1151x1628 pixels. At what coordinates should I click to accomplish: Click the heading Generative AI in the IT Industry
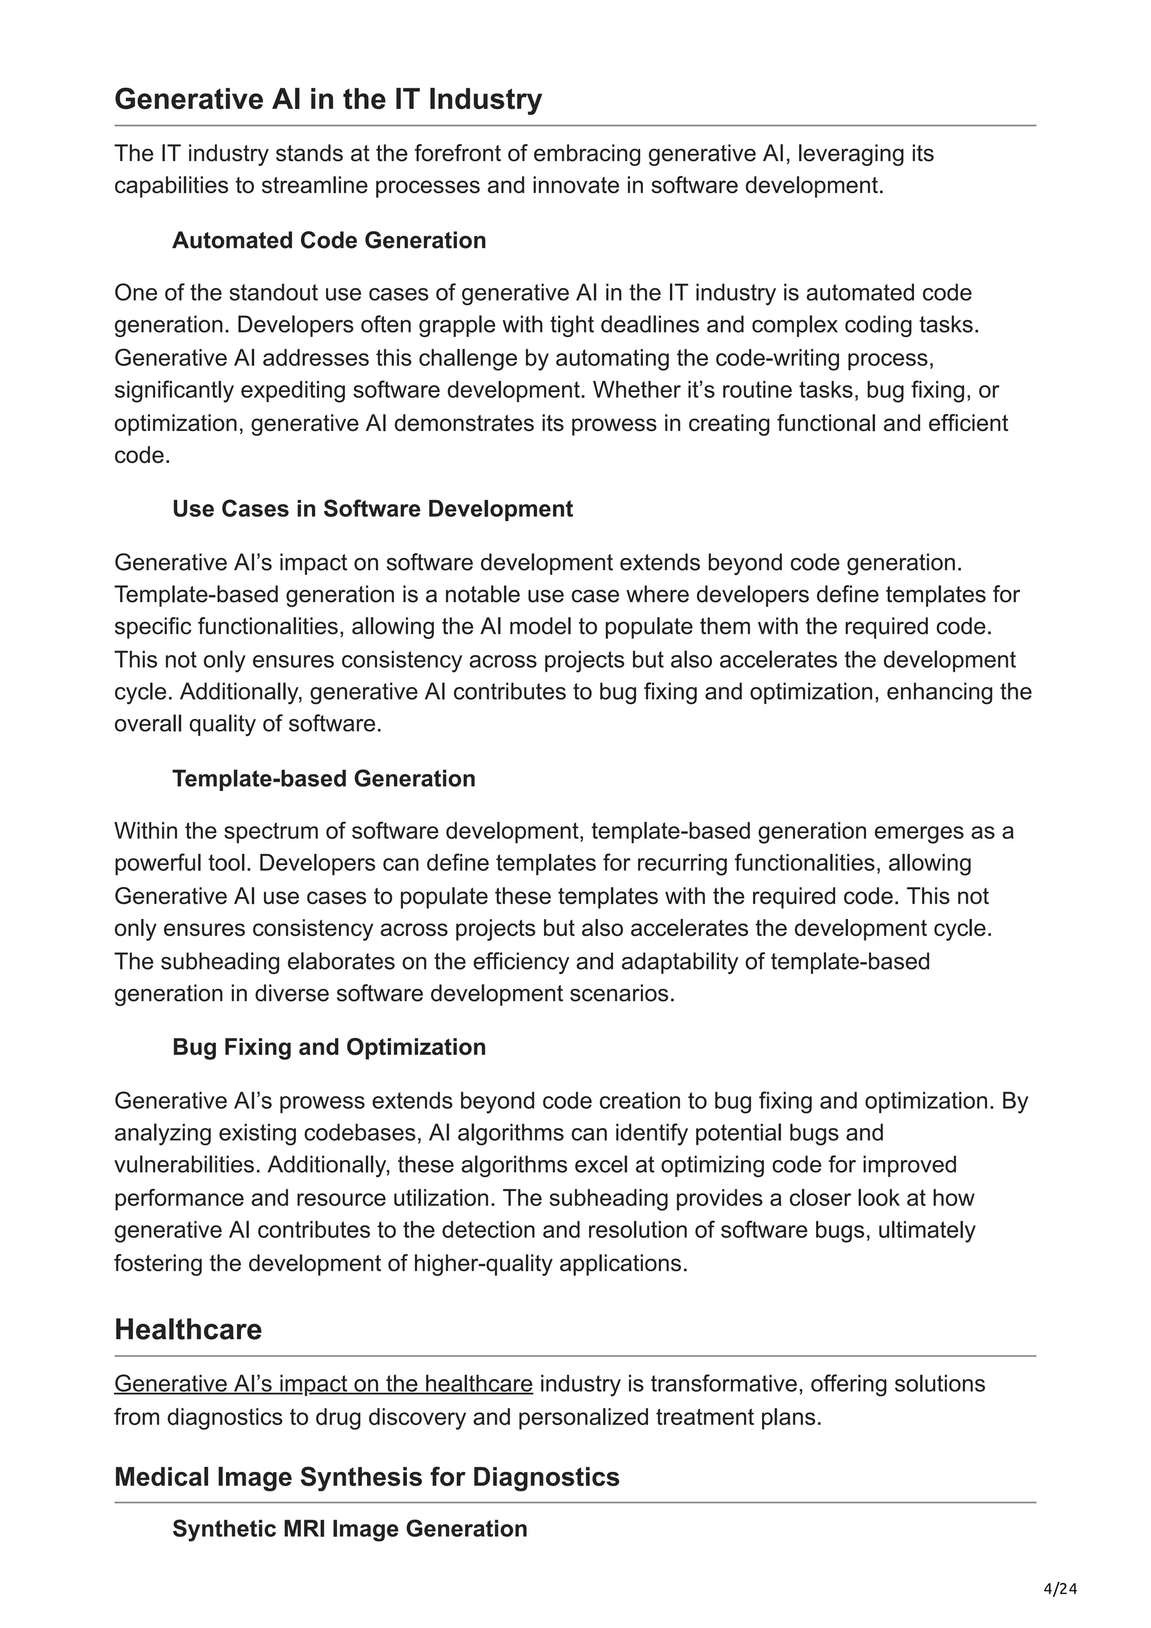[x=328, y=99]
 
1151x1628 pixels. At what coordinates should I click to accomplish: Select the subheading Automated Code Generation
[x=329, y=240]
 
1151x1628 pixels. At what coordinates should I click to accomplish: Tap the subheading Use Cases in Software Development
[x=372, y=508]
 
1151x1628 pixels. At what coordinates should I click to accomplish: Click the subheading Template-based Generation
[x=323, y=778]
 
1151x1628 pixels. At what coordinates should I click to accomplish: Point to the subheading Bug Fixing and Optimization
[x=329, y=1047]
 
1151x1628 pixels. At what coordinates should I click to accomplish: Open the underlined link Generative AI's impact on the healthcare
[x=323, y=1384]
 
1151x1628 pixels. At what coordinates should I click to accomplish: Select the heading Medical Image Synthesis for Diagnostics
[x=366, y=1476]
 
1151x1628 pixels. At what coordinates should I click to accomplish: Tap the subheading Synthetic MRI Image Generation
[x=350, y=1528]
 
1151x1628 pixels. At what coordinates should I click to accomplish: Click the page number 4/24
[x=1060, y=1589]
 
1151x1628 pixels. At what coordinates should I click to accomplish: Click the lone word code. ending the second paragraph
[x=142, y=455]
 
